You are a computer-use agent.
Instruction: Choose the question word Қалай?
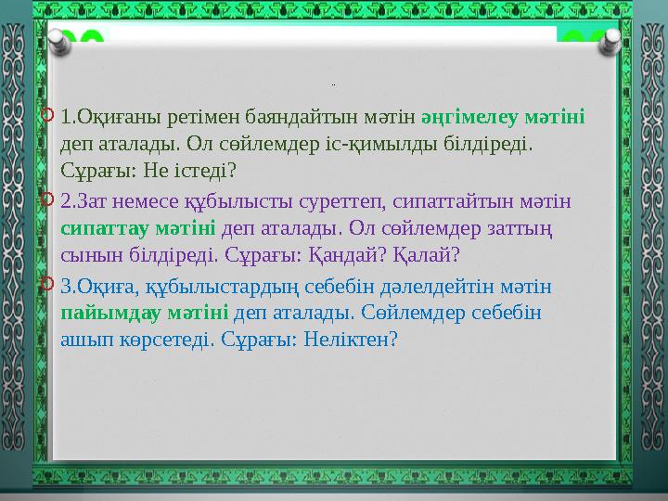[x=436, y=255]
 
